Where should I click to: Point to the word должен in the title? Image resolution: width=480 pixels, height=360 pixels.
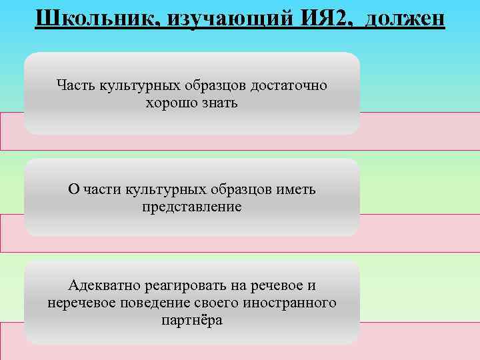[403, 16]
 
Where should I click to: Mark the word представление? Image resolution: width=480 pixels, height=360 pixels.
[192, 207]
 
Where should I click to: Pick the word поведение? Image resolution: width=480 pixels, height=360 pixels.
[155, 303]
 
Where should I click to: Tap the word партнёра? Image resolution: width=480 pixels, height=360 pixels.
[192, 321]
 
